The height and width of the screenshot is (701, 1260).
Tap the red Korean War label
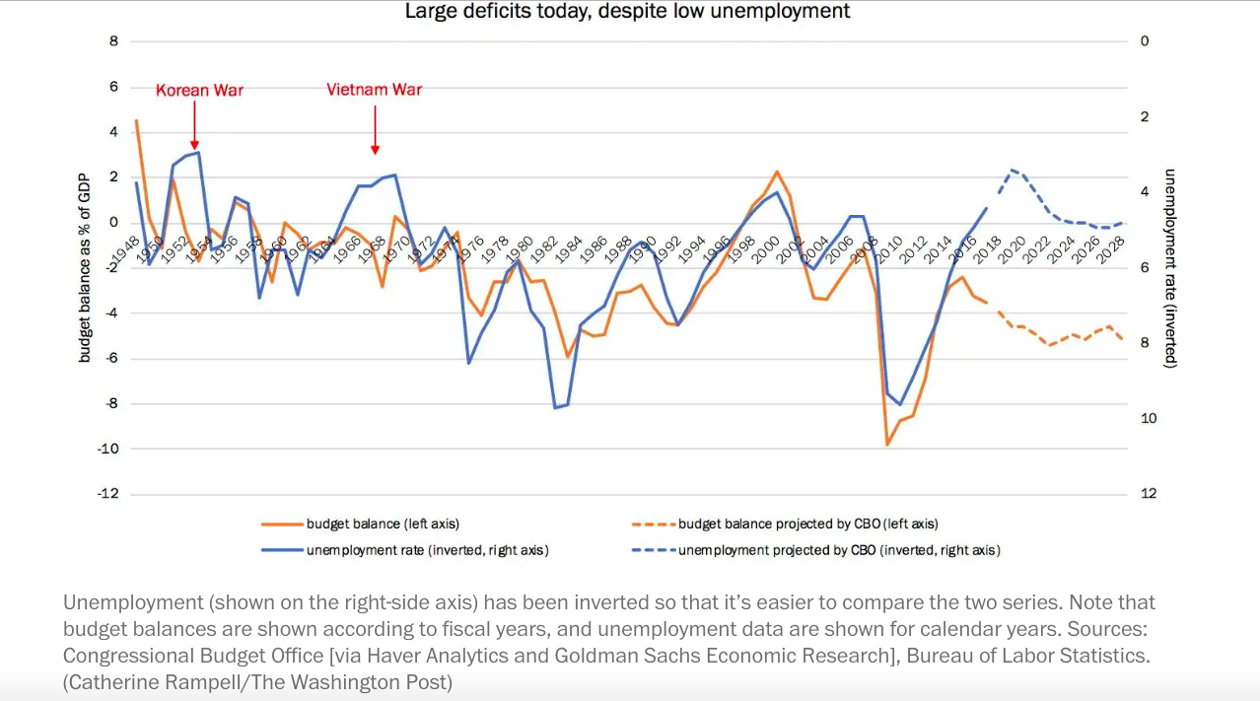[199, 90]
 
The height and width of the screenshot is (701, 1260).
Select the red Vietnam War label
[374, 90]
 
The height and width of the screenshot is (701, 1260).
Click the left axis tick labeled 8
[113, 41]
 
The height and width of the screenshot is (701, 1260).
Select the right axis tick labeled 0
[1144, 41]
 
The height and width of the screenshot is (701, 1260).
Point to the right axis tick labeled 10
[1147, 418]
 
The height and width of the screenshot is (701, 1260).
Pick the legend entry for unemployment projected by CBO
[839, 550]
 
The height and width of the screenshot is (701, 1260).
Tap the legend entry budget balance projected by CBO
[808, 524]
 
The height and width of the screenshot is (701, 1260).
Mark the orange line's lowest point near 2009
[886, 445]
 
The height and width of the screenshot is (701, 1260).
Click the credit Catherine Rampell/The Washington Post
[257, 680]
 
